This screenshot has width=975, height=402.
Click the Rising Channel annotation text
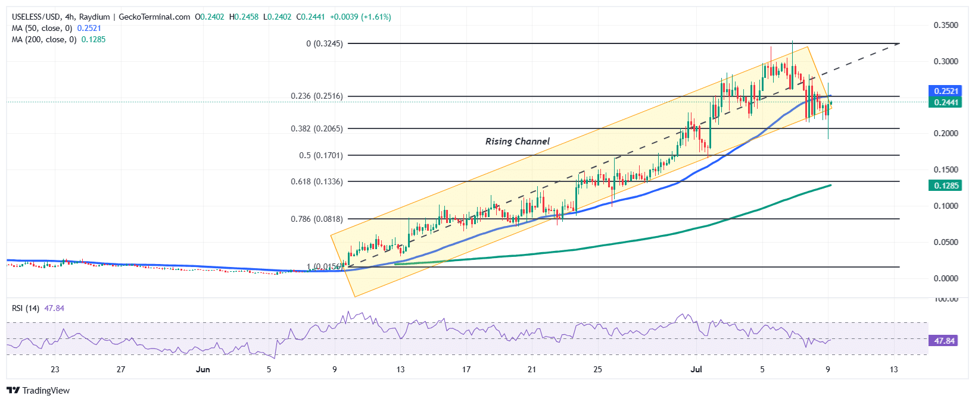coord(517,142)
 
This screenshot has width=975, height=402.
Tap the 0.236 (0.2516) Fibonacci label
coord(316,96)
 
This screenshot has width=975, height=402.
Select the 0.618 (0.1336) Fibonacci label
coord(316,181)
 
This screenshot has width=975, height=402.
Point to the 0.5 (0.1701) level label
coord(320,155)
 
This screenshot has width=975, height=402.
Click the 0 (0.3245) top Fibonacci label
coord(324,43)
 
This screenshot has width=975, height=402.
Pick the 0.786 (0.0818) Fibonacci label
coord(316,219)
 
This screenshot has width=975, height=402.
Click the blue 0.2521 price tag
coord(946,91)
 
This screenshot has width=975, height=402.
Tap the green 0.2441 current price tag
coord(946,102)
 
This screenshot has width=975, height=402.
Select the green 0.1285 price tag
coord(946,186)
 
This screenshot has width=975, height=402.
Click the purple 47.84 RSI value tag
coord(945,341)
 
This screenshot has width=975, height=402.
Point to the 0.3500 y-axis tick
coord(946,25)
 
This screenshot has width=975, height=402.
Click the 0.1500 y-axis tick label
coord(946,169)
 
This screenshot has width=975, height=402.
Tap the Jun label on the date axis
coord(203,369)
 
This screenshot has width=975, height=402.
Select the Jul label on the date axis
coord(696,369)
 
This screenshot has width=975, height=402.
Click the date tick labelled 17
coord(466,369)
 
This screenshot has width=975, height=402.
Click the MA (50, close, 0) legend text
coord(42,28)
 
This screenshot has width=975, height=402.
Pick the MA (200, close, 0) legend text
coord(44,39)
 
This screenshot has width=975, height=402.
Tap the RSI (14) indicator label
coord(26,308)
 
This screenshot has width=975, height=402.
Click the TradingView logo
coord(38,390)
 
